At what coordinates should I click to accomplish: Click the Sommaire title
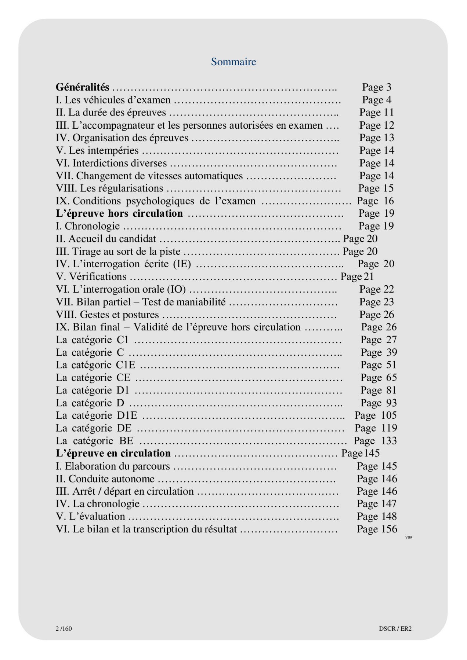tap(233, 62)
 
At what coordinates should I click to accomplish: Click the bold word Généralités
tap(83, 87)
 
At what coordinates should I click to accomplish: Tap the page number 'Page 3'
tap(377, 87)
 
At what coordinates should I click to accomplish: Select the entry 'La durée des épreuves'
tap(111, 113)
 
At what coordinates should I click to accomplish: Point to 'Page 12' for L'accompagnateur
tap(377, 125)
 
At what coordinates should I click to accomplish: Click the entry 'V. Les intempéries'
tap(97, 150)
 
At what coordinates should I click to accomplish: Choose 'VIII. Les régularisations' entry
tap(109, 188)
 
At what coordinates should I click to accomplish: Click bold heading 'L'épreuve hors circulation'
tap(119, 213)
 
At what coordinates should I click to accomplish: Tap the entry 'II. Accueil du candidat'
tap(106, 239)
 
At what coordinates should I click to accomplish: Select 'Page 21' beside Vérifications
tap(357, 276)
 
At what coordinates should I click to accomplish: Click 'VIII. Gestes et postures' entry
tap(108, 315)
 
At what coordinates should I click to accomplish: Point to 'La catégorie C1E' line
tap(95, 365)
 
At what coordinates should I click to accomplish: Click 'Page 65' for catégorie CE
tap(379, 378)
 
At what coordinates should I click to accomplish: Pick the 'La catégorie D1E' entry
tap(97, 415)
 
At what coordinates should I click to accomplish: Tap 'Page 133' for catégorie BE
tap(375, 441)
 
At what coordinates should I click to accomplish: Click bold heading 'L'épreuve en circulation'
tap(113, 454)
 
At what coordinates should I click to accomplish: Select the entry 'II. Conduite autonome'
tap(105, 479)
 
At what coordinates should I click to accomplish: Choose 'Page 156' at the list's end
tap(377, 529)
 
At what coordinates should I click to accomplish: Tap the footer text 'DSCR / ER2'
tap(395, 628)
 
